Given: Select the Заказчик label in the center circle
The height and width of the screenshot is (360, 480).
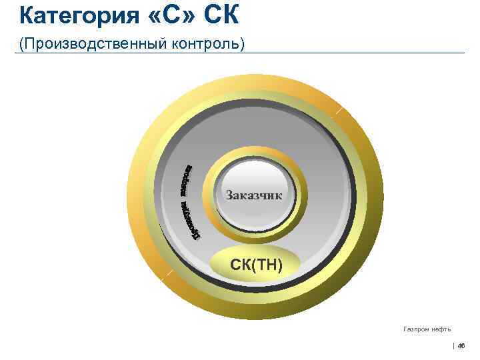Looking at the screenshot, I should click(x=254, y=195).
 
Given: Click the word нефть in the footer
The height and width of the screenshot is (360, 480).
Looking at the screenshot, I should click(x=441, y=329).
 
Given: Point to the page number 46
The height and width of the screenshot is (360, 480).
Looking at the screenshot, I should click(x=461, y=345).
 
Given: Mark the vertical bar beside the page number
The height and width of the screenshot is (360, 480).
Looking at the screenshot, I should click(x=453, y=345).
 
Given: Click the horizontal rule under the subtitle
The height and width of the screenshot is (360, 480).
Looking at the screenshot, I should click(x=267, y=53).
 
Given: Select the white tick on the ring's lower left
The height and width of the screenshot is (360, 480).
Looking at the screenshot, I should click(x=171, y=273).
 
